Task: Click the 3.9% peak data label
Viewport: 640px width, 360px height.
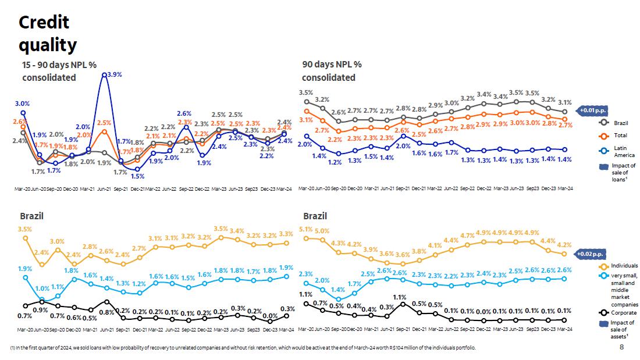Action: coord(115,74)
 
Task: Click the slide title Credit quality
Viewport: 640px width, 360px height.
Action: coord(47,33)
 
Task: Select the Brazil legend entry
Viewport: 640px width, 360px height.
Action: coord(620,123)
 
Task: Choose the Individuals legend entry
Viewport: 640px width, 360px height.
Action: coord(624,266)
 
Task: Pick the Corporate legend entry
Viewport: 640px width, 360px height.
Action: coord(624,312)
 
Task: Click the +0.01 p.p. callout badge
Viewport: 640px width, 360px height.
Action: coord(591,109)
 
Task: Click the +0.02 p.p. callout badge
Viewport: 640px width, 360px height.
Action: coord(591,254)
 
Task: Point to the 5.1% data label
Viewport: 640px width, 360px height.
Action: coord(305,229)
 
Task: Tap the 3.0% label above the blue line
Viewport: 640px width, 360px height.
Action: coord(22,104)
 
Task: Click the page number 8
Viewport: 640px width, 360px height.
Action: coord(621,347)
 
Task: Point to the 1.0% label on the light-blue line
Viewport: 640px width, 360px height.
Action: coord(42,288)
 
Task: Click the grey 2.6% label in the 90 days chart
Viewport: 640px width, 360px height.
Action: coord(339,112)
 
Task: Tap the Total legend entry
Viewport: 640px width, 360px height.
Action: coord(620,136)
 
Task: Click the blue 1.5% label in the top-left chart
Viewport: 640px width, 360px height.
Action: coord(137,176)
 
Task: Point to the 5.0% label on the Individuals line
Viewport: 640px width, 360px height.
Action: coord(322,231)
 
